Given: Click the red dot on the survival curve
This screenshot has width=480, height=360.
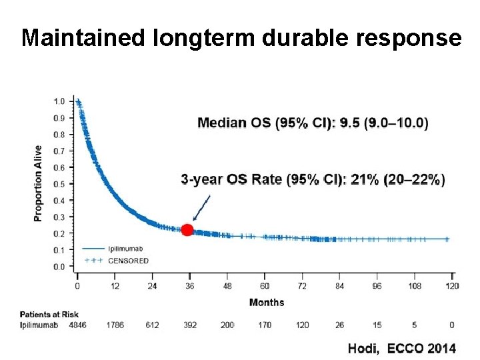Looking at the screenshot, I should point(187,230).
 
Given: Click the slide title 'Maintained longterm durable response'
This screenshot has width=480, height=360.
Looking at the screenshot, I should point(241,38).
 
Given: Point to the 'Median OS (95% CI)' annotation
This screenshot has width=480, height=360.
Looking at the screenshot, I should point(313,123).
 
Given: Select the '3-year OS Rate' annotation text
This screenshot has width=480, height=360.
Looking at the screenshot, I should point(313,179).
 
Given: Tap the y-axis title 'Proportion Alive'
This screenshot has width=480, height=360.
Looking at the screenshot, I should point(38,183).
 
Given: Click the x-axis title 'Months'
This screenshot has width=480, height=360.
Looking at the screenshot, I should point(267,303).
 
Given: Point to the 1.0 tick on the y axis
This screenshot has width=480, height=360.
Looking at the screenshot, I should point(59,101).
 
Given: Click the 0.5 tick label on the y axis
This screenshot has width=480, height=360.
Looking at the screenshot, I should point(59,184).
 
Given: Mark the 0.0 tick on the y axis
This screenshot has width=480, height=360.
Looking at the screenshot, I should point(59,267).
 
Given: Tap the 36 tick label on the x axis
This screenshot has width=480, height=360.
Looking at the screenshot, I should point(189,286).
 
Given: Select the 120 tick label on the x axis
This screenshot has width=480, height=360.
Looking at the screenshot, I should point(452,286).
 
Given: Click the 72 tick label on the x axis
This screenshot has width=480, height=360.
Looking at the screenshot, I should point(302,286).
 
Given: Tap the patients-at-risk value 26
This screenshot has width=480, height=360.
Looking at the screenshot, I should point(339,325).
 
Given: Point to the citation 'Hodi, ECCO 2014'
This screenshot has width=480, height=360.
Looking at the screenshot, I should point(401,348).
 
